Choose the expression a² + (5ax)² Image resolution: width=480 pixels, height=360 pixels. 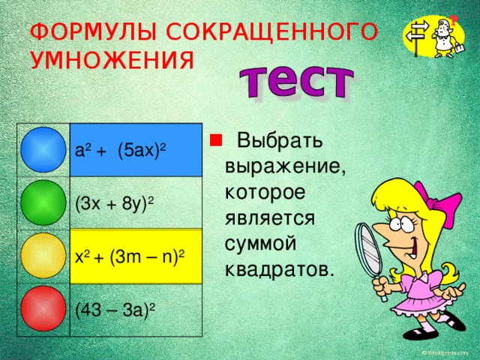click(x=121, y=149)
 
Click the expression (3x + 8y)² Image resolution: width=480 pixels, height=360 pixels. click(x=115, y=202)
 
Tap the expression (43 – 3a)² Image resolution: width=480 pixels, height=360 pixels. click(x=115, y=307)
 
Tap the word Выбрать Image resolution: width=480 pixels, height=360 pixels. click(x=280, y=140)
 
